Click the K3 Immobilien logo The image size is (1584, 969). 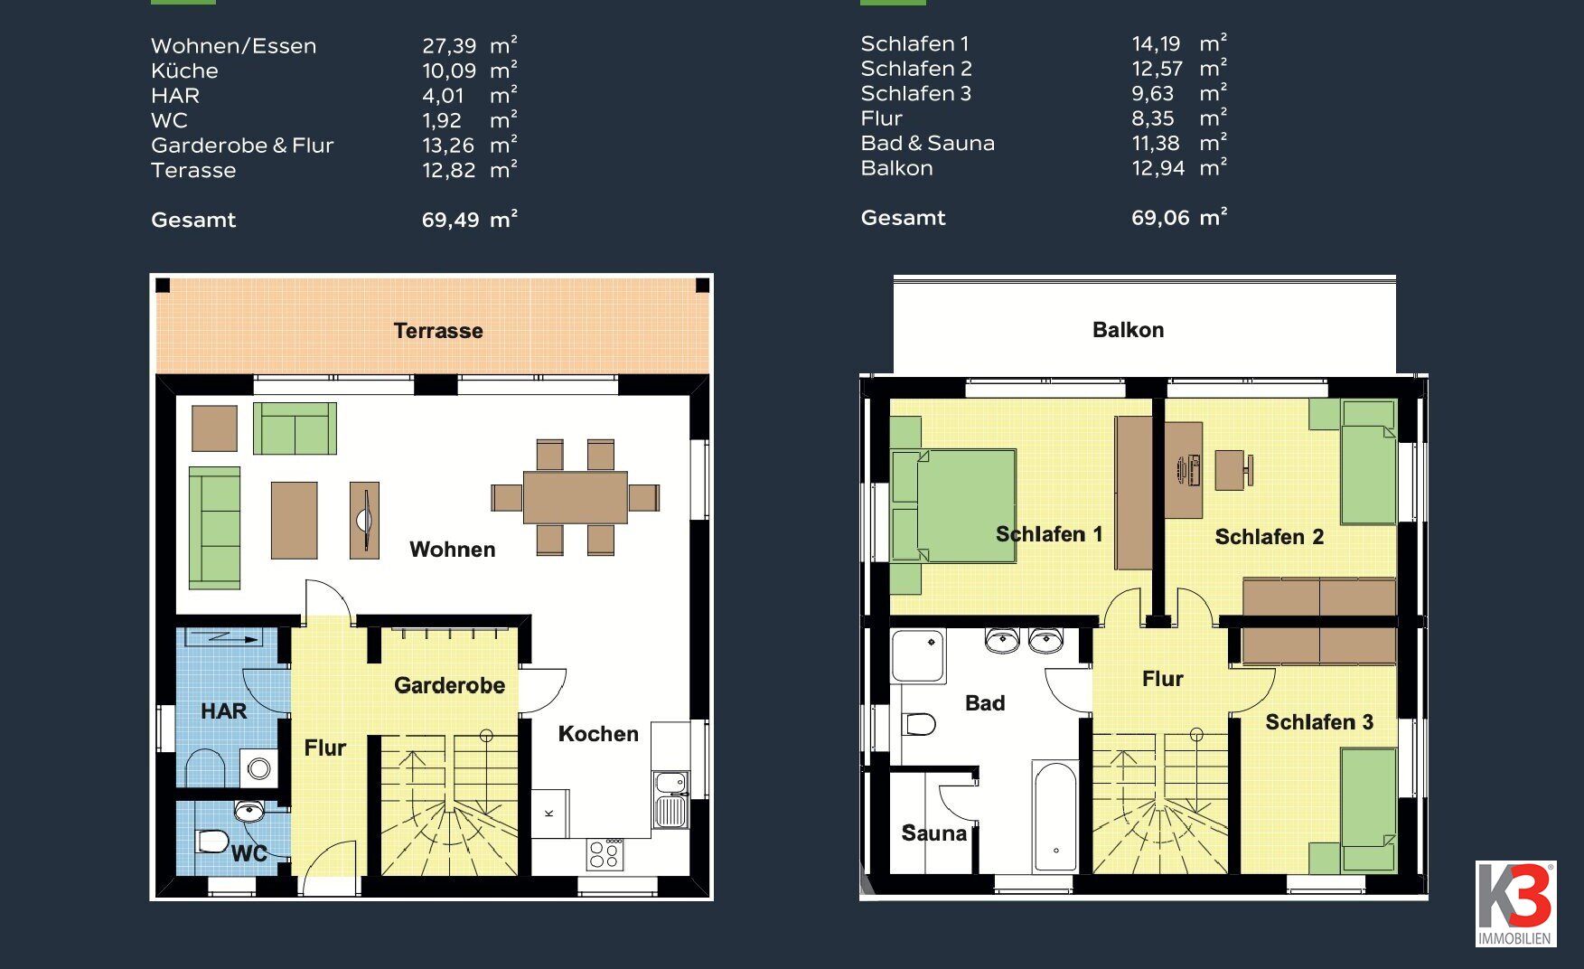point(1515,903)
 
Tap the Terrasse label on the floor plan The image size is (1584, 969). point(438,331)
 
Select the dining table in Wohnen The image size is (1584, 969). point(575,497)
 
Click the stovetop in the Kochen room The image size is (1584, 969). point(605,854)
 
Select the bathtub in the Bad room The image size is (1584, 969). point(1055,816)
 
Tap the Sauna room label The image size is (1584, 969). point(933,833)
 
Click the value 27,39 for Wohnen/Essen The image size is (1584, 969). point(449,46)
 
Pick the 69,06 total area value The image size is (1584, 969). point(1160,218)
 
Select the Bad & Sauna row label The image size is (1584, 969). point(927,143)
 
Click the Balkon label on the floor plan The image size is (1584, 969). point(1128,330)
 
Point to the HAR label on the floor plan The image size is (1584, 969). point(223,711)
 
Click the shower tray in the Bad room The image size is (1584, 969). point(918,656)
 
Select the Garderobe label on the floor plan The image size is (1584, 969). point(449,685)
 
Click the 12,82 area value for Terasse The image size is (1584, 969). point(448,170)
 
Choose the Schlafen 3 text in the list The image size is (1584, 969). point(915,93)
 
